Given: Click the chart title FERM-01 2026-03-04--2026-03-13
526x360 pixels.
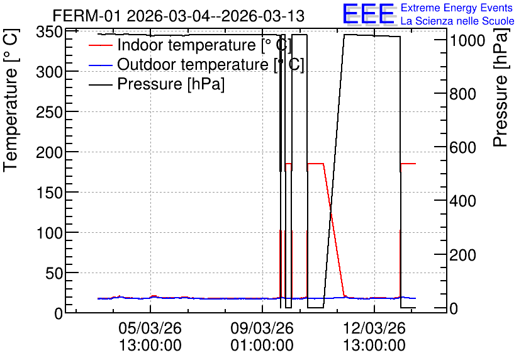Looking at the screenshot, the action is click(x=179, y=16).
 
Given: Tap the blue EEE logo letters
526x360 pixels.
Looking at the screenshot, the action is click(x=368, y=14).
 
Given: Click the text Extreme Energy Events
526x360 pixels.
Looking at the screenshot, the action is click(x=457, y=8).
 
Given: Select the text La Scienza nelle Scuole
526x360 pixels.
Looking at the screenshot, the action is click(x=457, y=21).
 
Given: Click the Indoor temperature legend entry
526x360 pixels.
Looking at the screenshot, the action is click(x=189, y=45).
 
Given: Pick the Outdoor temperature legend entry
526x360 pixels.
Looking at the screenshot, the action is click(x=196, y=64).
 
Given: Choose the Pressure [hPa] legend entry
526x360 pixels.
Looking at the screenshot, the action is click(x=157, y=84).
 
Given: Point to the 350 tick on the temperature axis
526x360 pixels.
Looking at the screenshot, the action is click(x=49, y=33).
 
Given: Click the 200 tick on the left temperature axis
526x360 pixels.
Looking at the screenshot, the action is click(x=49, y=152).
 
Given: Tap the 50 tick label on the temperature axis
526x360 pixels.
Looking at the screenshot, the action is click(x=54, y=273).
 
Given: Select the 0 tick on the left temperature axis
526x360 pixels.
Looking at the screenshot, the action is click(x=59, y=313).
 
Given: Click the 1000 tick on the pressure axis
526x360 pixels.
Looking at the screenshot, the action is click(x=467, y=41).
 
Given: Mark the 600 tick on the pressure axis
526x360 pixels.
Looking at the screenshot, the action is click(x=462, y=148).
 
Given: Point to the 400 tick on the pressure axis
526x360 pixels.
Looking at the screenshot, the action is click(x=462, y=201).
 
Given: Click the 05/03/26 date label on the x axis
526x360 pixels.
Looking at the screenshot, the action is click(x=150, y=328).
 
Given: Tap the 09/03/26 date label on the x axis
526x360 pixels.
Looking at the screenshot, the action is click(x=262, y=328).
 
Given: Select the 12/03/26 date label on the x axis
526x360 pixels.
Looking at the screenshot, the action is click(x=374, y=328).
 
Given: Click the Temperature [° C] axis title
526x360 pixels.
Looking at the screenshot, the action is click(x=11, y=100).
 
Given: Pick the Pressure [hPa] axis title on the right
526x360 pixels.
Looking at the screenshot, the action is click(x=500, y=87).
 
